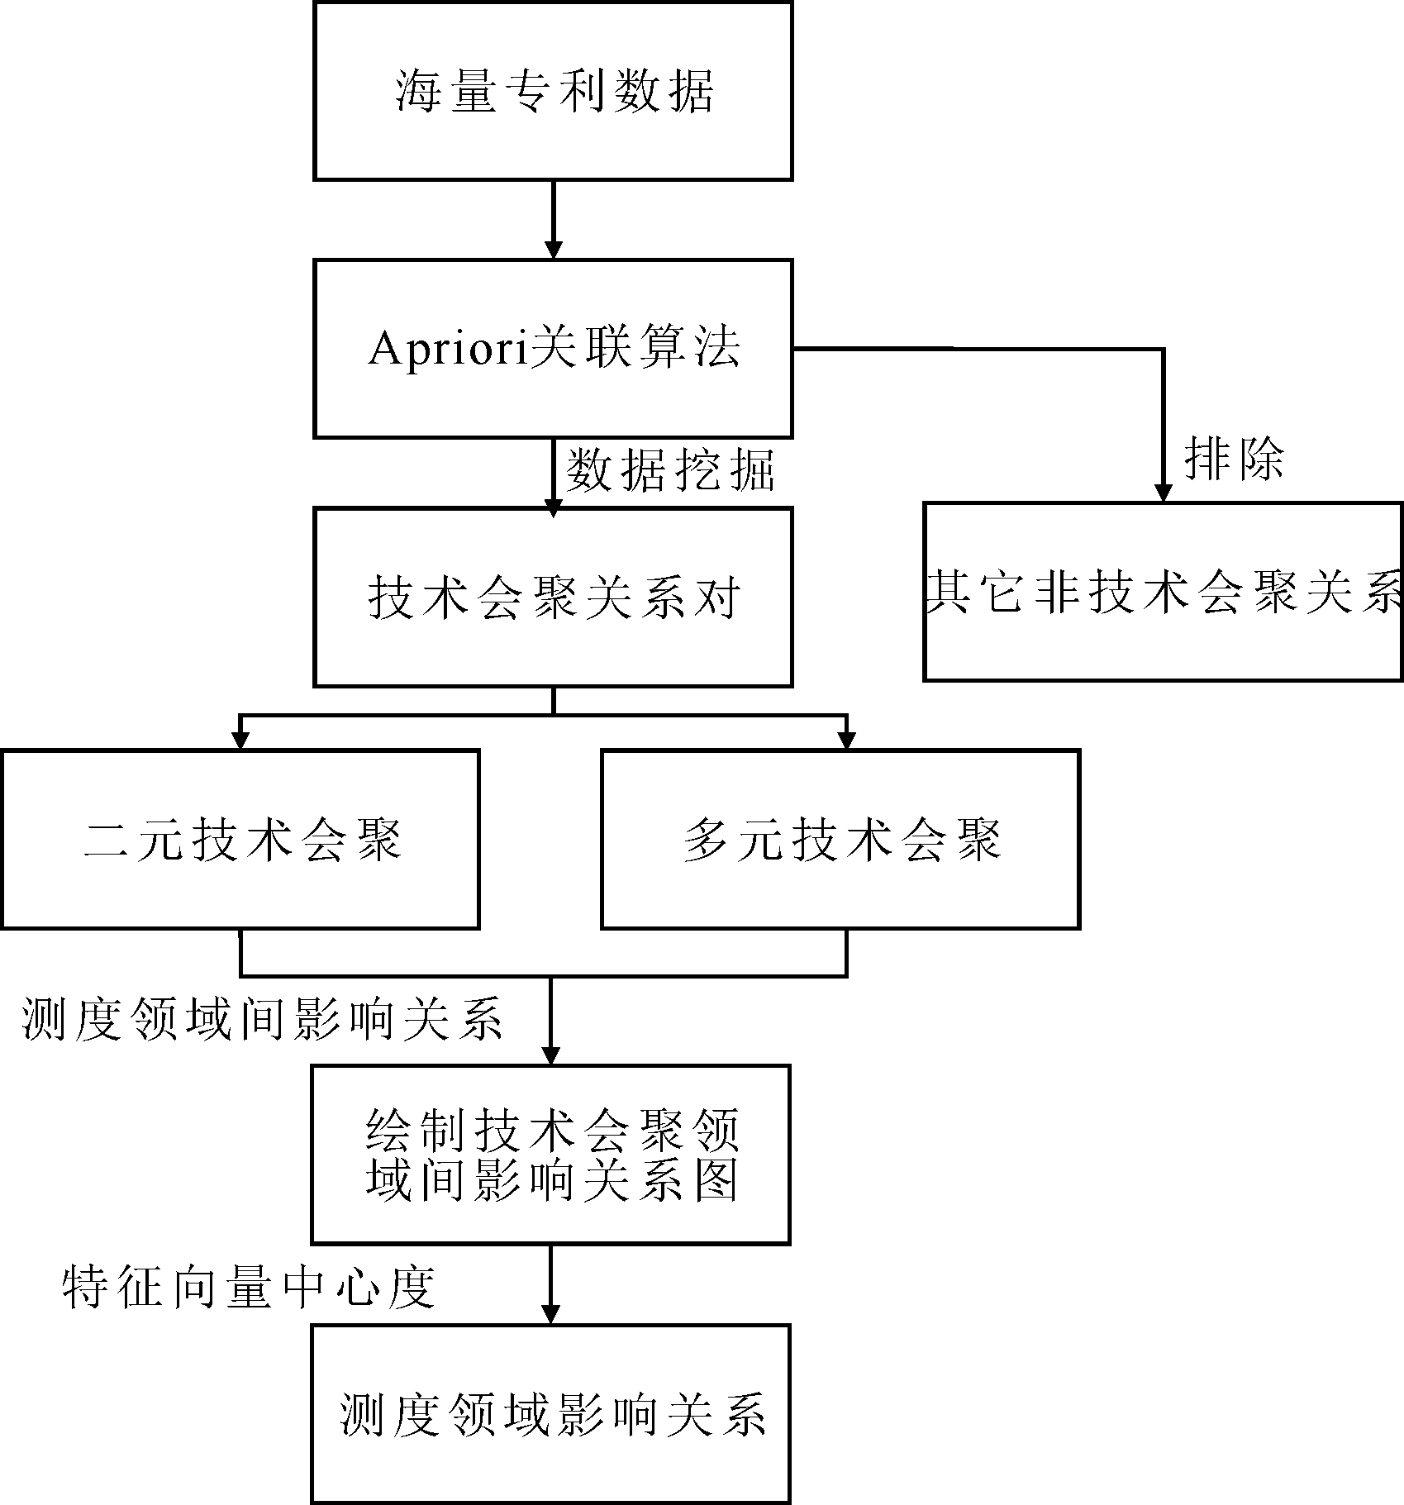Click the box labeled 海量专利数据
click(553, 90)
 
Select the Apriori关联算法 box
click(553, 348)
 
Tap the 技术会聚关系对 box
click(553, 597)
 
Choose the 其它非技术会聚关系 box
click(1163, 591)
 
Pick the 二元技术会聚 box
click(240, 839)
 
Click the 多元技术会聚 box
click(840, 839)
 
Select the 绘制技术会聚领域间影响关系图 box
click(550, 1154)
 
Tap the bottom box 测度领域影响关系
click(550, 1413)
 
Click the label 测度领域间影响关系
click(263, 1019)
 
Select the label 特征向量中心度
click(249, 1287)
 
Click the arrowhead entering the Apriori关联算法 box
click(553, 250)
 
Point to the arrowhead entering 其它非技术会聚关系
click(1163, 492)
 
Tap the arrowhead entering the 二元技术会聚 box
click(240, 740)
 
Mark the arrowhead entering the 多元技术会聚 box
click(846, 740)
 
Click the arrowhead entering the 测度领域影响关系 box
click(550, 1315)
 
